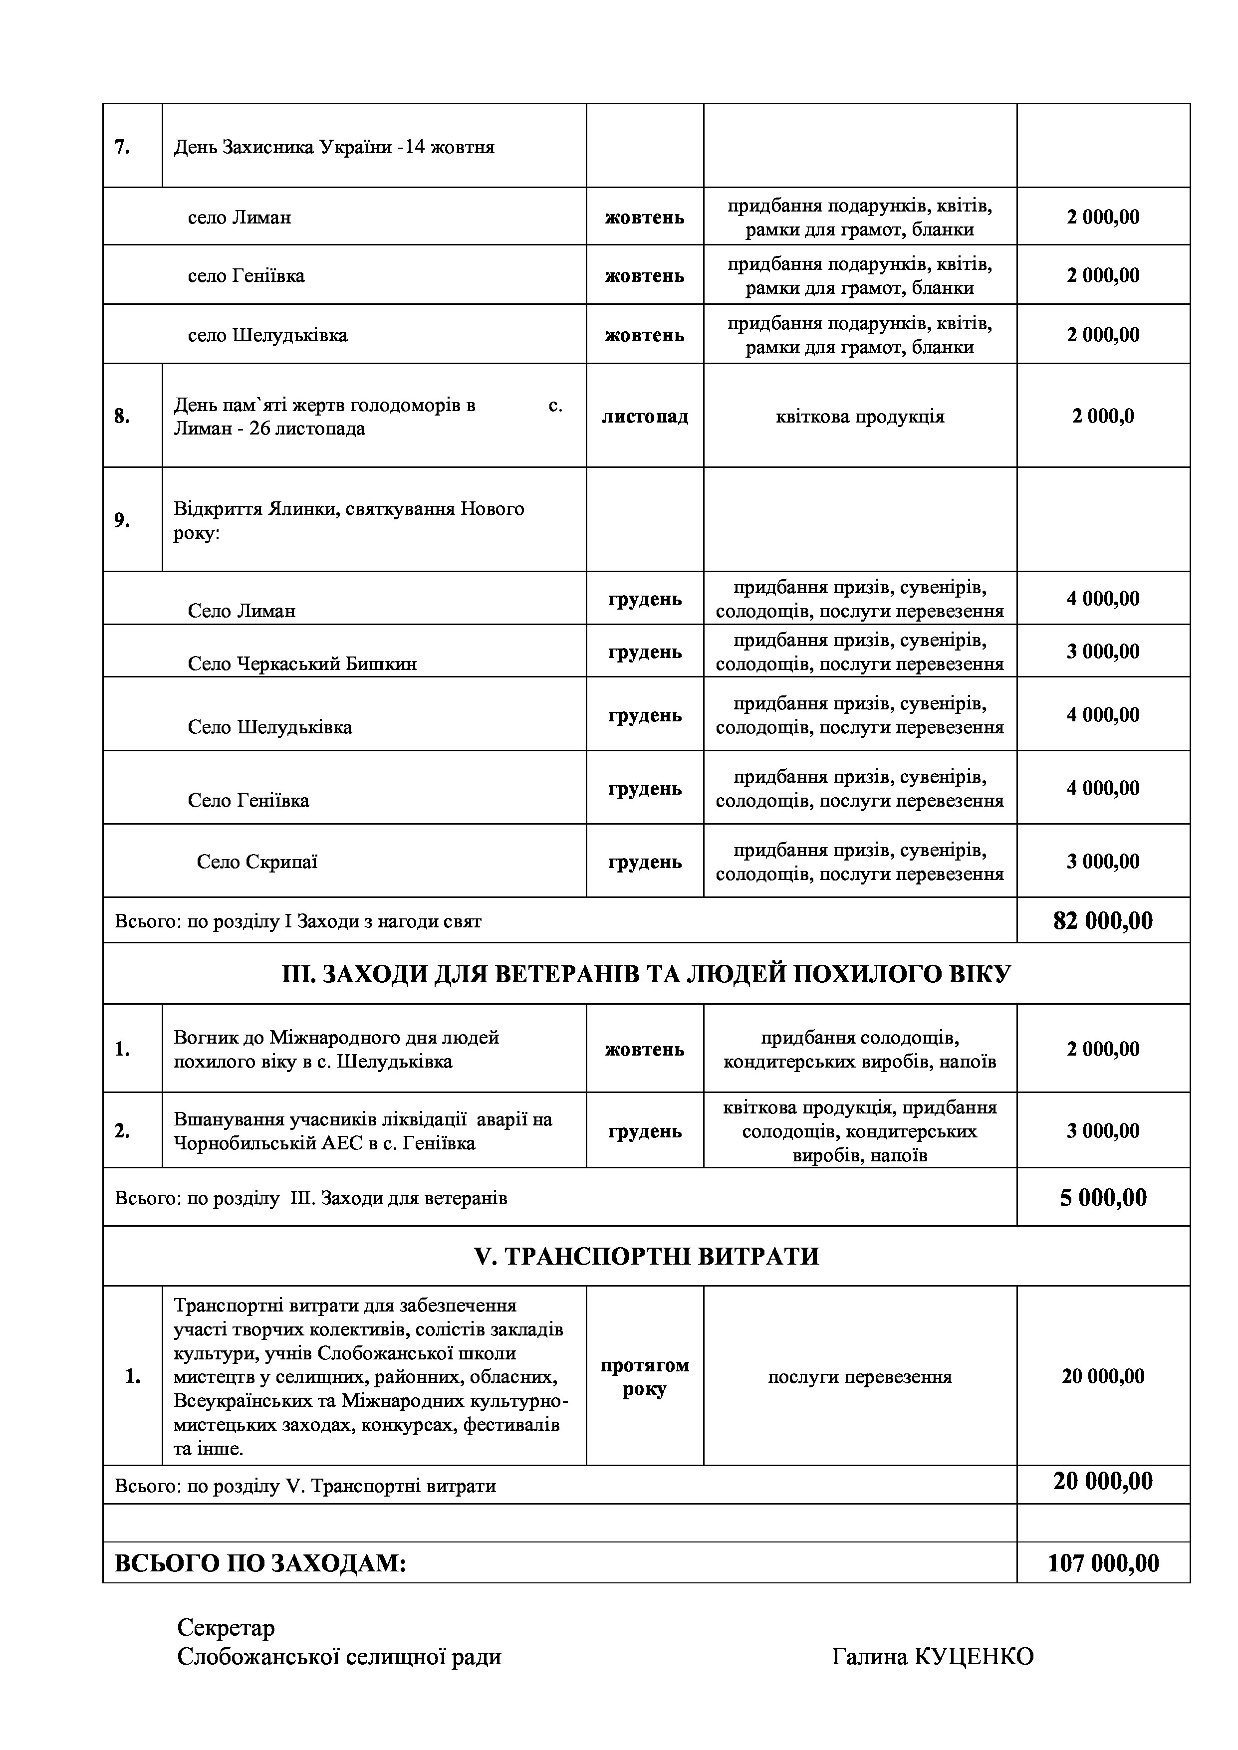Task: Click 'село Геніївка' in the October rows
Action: click(246, 275)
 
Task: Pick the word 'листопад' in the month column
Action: click(644, 416)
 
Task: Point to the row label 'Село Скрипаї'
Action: click(257, 862)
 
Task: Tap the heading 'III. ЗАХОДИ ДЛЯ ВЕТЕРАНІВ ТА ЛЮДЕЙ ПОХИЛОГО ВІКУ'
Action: click(646, 974)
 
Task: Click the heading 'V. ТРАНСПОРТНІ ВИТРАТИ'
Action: click(646, 1255)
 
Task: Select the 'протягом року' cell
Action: click(644, 1376)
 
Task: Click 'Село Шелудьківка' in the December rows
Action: click(270, 727)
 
